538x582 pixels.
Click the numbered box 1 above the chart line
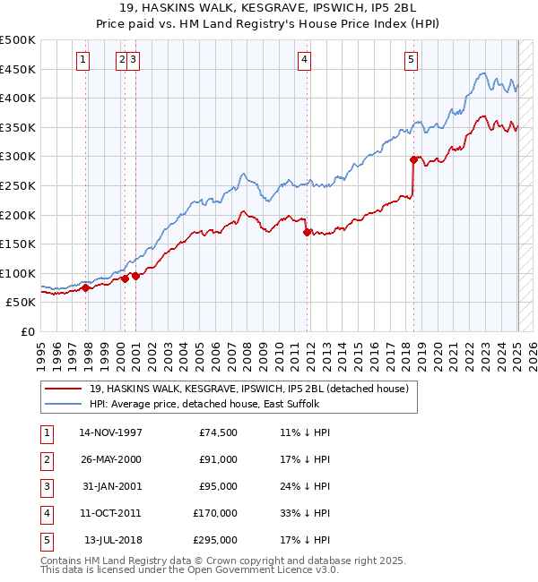(82, 60)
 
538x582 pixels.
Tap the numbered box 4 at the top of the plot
(305, 60)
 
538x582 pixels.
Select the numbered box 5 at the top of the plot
(411, 60)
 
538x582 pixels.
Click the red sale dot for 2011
(307, 232)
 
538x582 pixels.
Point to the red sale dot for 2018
(413, 160)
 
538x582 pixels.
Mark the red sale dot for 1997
(86, 287)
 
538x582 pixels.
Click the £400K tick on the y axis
(19, 98)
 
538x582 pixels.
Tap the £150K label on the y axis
(19, 244)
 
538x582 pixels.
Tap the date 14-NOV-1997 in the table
(111, 432)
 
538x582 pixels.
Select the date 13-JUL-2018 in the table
(113, 540)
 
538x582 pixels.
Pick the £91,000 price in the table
(218, 459)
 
